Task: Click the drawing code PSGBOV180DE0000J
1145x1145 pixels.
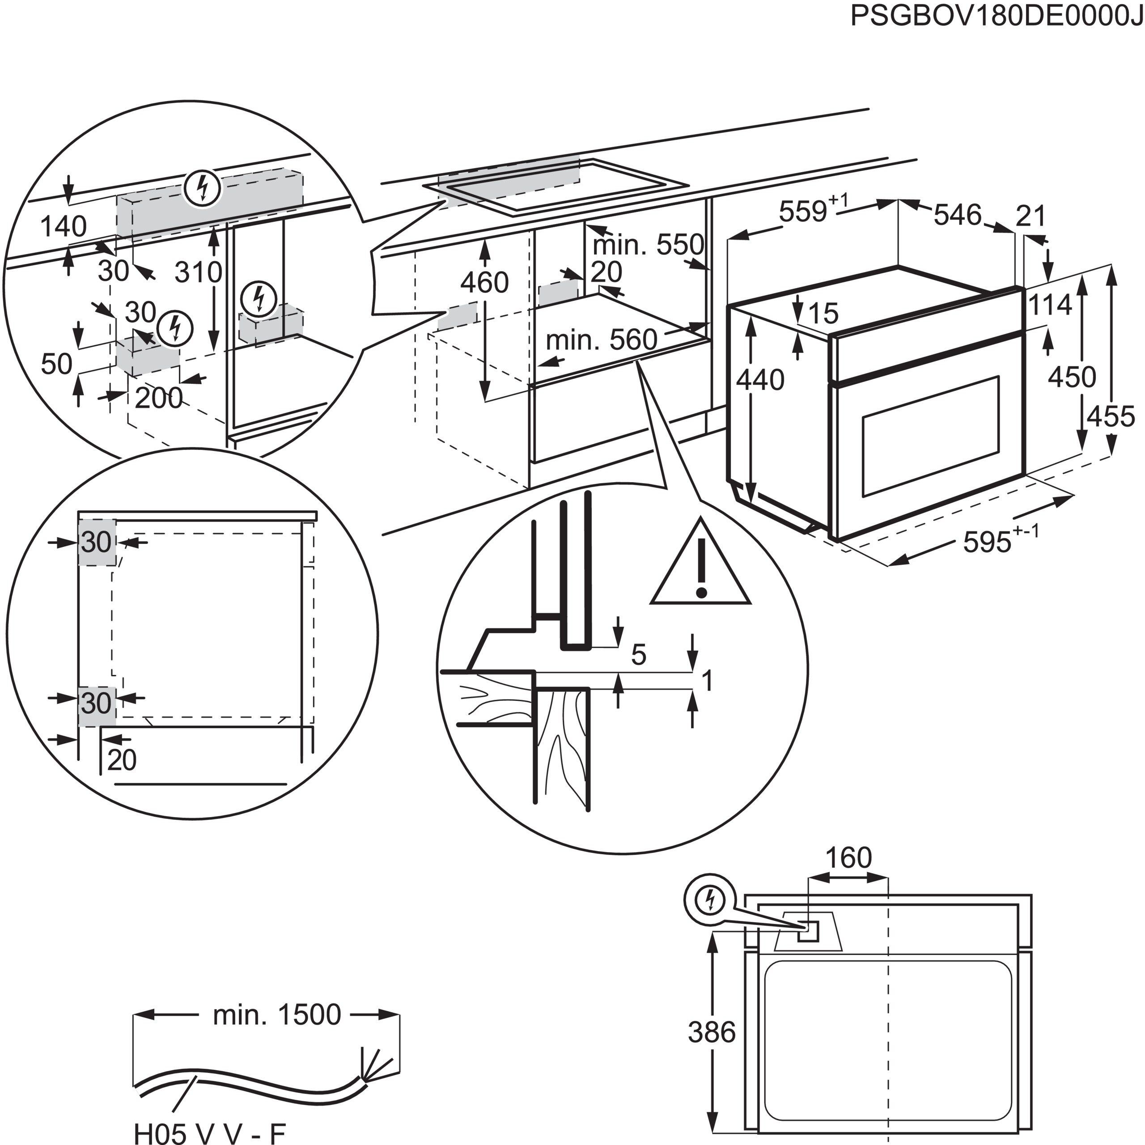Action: click(x=995, y=16)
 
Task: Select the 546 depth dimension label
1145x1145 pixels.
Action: click(x=958, y=215)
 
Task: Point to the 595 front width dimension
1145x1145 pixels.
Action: click(x=987, y=542)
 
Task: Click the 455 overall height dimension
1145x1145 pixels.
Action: click(x=1110, y=417)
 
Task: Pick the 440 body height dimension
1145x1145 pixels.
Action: click(x=760, y=380)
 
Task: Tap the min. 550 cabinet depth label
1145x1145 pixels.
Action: click(x=648, y=245)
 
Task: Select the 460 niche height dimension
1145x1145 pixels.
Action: click(x=484, y=283)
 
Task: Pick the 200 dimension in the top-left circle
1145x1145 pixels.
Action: click(x=158, y=398)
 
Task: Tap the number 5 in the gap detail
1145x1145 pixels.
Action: click(x=638, y=655)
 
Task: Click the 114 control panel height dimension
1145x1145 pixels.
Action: click(x=1050, y=305)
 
